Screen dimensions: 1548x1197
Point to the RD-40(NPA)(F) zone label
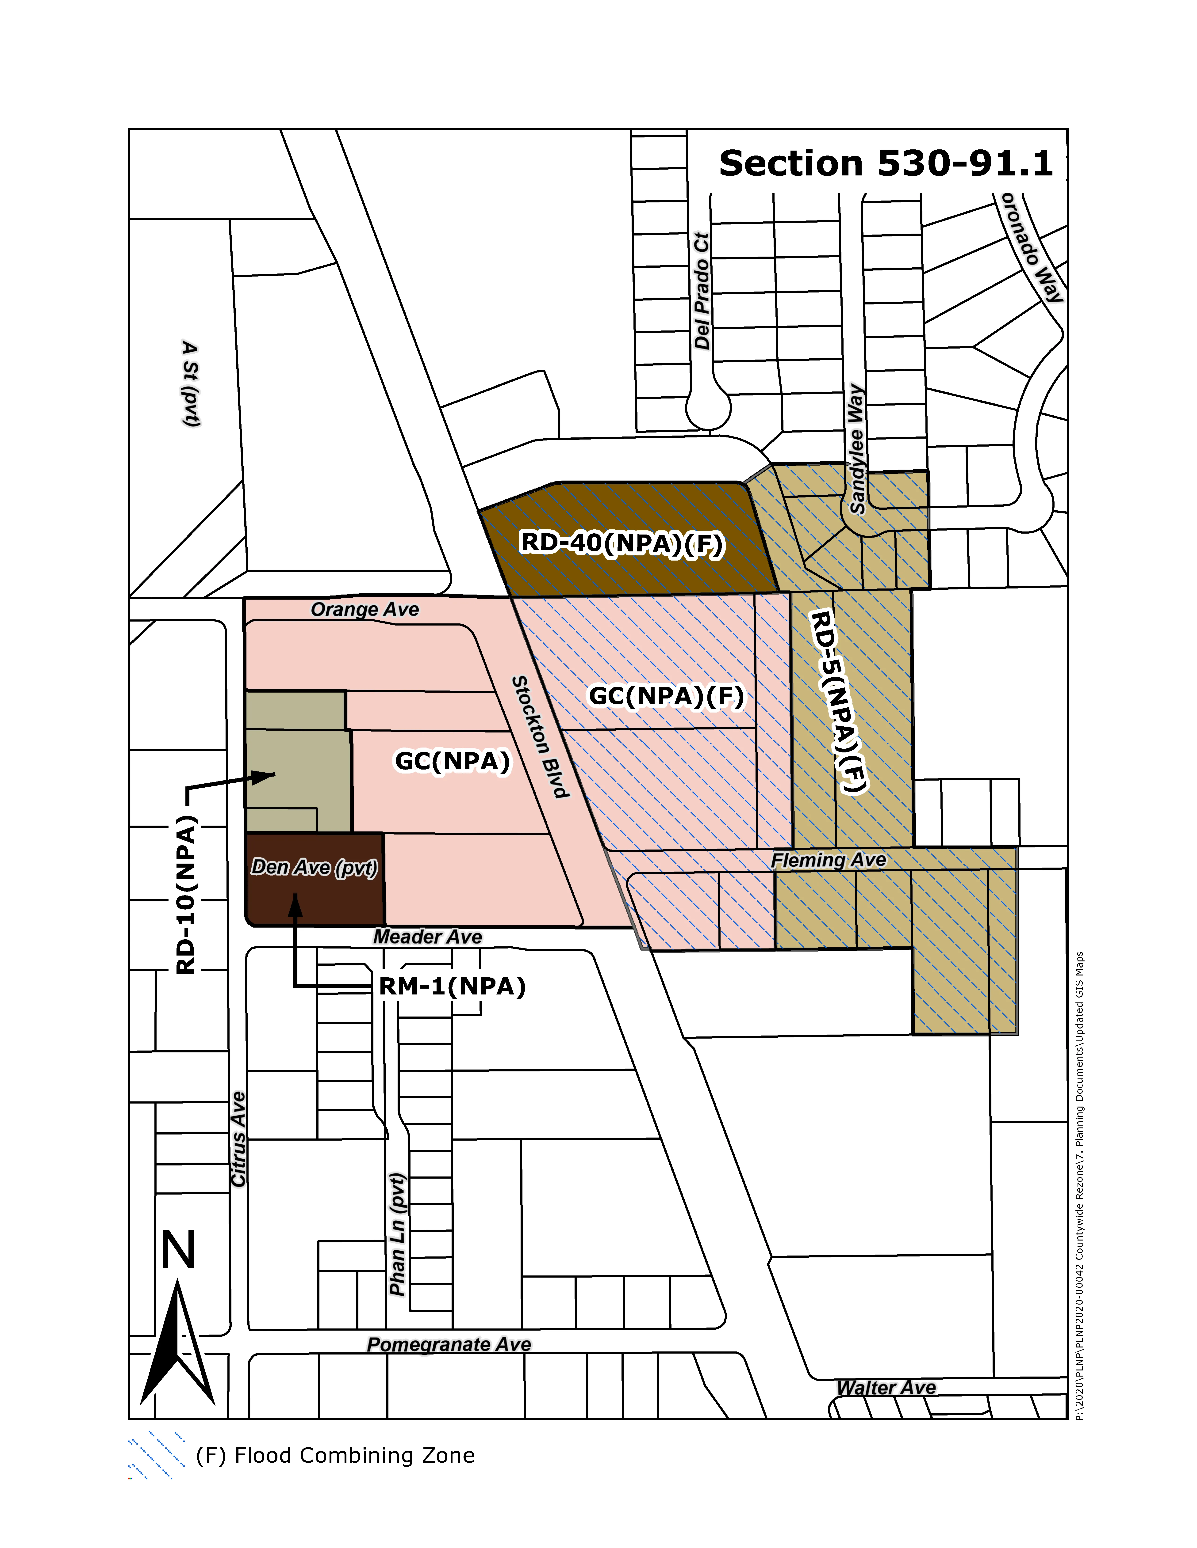pyautogui.click(x=622, y=544)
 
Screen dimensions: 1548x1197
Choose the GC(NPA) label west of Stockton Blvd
pyautogui.click(x=452, y=761)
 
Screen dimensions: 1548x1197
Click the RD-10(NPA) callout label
pyautogui.click(x=186, y=895)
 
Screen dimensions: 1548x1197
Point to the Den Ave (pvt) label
pyautogui.click(x=314, y=868)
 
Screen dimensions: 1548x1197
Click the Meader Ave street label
pyautogui.click(x=428, y=937)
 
